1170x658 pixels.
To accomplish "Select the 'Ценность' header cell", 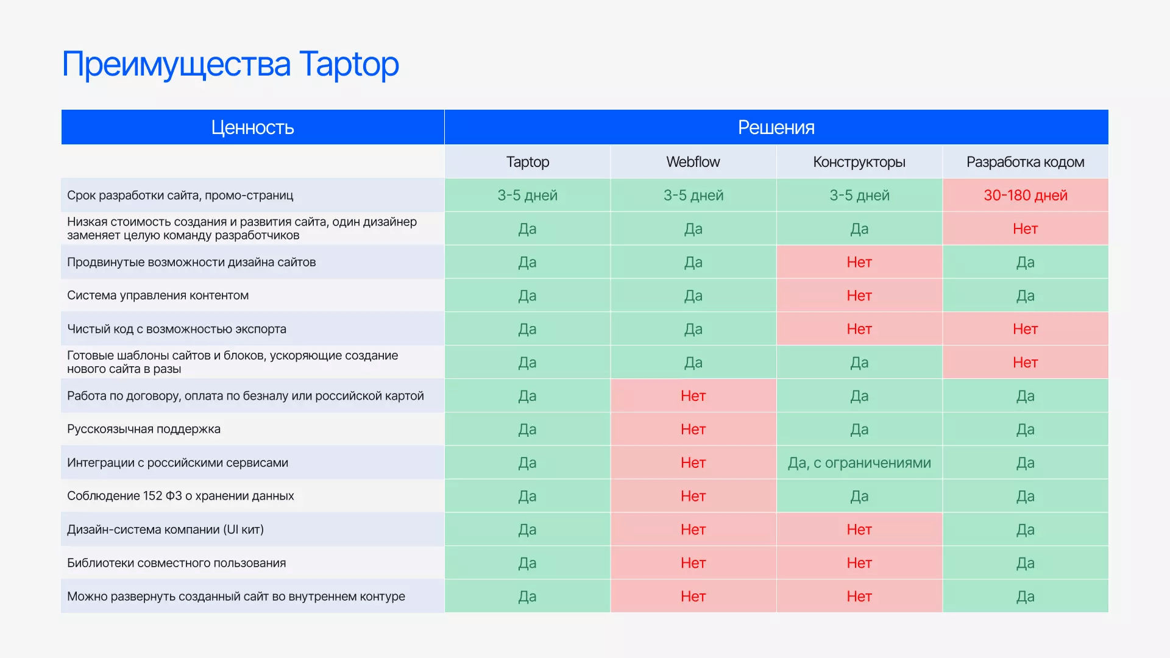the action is point(253,127).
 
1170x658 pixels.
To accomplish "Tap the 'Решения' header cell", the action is point(776,127).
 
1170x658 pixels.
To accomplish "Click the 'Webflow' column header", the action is point(693,162).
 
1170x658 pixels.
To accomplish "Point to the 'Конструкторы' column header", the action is point(859,162).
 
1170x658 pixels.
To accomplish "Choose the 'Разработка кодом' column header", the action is point(1026,162).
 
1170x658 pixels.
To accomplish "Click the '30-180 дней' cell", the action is point(1026,196).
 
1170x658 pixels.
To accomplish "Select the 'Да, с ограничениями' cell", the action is point(859,463).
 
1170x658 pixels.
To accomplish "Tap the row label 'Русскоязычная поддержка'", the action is point(144,429).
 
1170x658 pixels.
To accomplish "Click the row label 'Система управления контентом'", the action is point(158,295).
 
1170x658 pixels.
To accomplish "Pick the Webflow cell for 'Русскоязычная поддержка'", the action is point(693,430).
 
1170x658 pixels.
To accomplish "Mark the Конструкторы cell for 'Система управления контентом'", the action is point(859,295).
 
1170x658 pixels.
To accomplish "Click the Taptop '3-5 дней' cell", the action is point(528,196).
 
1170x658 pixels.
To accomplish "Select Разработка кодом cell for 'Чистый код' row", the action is point(1026,329).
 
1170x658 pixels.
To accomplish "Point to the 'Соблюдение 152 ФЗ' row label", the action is point(180,496).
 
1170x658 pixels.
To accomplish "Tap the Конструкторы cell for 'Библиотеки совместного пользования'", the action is point(859,563).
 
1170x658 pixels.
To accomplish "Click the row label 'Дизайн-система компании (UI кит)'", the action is point(165,529).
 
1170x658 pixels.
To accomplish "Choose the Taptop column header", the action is point(528,162).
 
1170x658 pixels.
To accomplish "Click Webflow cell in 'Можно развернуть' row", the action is point(693,596).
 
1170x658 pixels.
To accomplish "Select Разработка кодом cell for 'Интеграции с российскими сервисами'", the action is point(1026,463).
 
